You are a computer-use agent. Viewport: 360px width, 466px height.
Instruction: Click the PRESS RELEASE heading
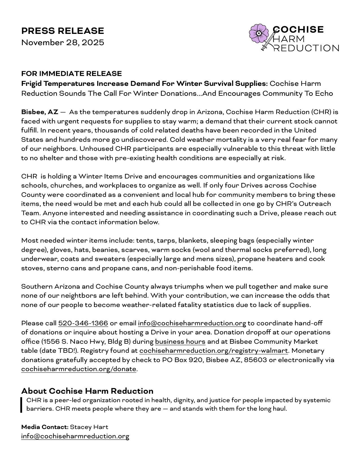tap(63, 31)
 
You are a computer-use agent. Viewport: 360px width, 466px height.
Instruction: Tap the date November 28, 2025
tap(63, 42)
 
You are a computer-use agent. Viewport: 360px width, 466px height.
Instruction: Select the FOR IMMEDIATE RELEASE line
tap(71, 73)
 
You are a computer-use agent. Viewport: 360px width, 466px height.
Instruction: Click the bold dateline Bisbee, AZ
tap(40, 112)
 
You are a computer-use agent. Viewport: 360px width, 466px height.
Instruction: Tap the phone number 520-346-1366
tap(83, 323)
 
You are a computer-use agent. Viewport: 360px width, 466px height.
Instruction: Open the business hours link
tap(180, 341)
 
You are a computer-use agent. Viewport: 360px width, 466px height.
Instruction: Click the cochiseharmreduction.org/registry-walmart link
tap(213, 351)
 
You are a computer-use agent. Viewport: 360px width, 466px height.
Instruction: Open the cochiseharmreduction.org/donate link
tap(79, 369)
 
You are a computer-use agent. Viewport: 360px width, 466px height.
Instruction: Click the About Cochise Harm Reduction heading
tap(87, 391)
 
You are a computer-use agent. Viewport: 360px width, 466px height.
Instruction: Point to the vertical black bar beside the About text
tap(21, 405)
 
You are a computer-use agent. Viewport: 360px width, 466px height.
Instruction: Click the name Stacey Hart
tap(89, 427)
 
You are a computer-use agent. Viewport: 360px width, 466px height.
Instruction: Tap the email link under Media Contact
tap(75, 436)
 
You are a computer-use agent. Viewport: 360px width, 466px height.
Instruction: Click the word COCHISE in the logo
tap(298, 29)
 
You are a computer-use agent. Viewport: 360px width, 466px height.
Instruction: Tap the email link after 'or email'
tap(192, 323)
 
